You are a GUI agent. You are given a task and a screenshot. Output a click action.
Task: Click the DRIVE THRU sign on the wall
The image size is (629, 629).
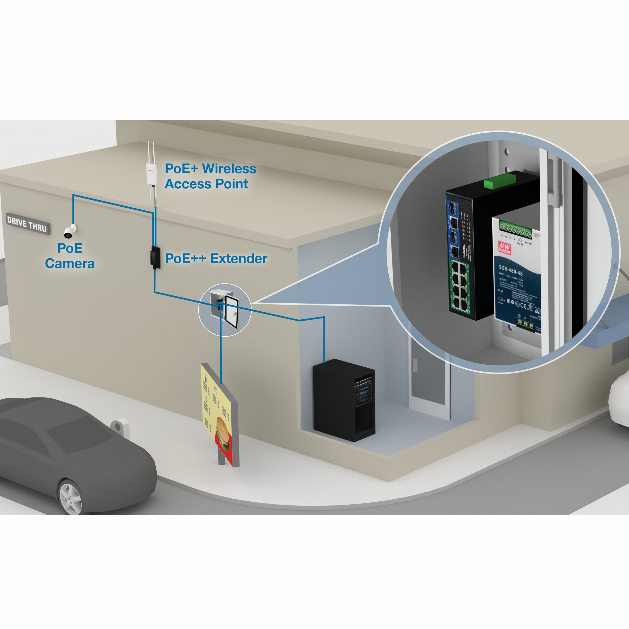coord(27,224)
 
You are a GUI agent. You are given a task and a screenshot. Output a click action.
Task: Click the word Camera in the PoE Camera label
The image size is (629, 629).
coord(70,263)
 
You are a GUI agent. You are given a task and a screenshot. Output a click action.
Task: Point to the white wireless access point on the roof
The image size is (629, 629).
coord(151,173)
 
